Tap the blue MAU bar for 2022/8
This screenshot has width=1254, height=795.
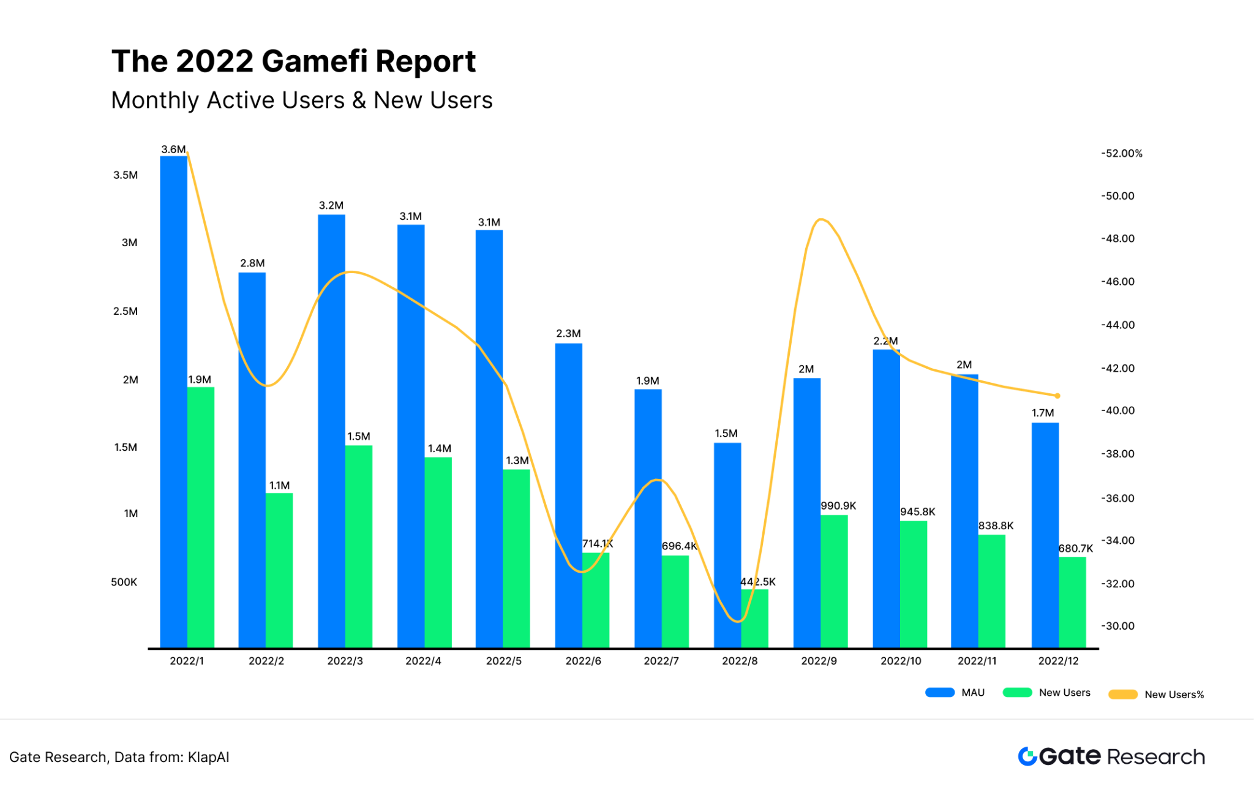pyautogui.click(x=727, y=545)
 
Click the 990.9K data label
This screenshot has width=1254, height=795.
pyautogui.click(x=838, y=506)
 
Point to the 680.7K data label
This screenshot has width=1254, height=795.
pyautogui.click(x=1076, y=548)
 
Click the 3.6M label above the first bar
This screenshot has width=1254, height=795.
pyautogui.click(x=173, y=149)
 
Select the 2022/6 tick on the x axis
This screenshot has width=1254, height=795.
pyautogui.click(x=583, y=661)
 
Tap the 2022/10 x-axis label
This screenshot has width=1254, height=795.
pyautogui.click(x=901, y=661)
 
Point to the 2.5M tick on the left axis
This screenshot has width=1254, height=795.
pyautogui.click(x=126, y=311)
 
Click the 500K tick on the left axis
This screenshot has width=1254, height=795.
pyautogui.click(x=124, y=582)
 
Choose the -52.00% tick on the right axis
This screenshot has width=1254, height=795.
pyautogui.click(x=1122, y=153)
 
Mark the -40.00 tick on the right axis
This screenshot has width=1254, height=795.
pyautogui.click(x=1118, y=410)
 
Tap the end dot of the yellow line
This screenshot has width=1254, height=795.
pyautogui.click(x=1057, y=396)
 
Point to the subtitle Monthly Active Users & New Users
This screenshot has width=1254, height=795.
pyautogui.click(x=302, y=100)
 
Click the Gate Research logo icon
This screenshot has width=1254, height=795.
pyautogui.click(x=1027, y=756)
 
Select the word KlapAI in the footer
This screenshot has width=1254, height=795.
pyautogui.click(x=209, y=757)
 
